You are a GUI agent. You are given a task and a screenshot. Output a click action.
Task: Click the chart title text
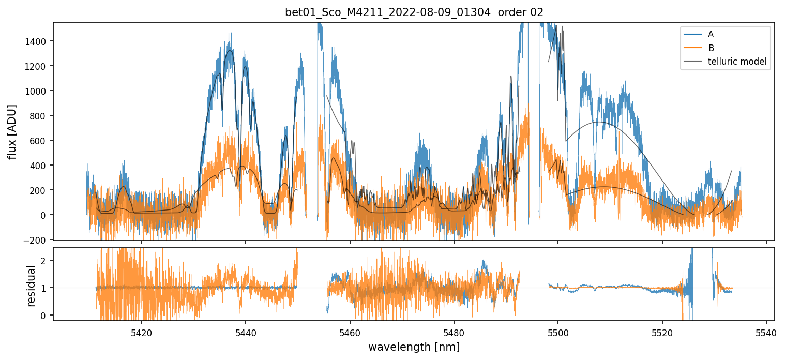coord(414,12)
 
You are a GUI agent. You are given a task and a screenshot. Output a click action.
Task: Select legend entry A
coord(711,34)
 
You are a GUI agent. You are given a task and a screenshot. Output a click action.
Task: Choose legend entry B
coord(711,48)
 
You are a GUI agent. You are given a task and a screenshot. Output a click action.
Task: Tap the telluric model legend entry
coord(737,62)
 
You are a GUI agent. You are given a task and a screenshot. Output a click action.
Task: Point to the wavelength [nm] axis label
coord(414,347)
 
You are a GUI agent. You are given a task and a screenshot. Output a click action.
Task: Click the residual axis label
coord(31,286)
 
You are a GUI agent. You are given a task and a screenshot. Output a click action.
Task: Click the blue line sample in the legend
coord(692,34)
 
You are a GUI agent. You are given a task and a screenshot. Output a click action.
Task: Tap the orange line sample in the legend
coord(692,48)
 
